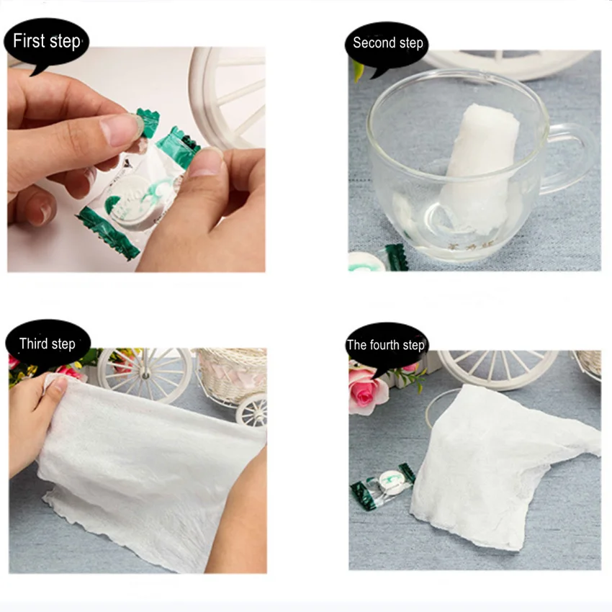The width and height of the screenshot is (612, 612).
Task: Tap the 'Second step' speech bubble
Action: (x=387, y=45)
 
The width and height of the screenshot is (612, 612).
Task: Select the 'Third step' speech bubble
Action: (x=48, y=344)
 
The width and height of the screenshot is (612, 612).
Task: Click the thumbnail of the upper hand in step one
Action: (x=118, y=130)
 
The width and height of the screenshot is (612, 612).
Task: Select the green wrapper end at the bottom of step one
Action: (x=109, y=233)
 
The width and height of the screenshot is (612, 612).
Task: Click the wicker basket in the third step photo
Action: (x=233, y=375)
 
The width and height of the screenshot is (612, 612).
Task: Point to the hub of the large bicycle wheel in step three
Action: (x=145, y=375)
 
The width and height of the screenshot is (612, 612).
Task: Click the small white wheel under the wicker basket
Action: (x=252, y=410)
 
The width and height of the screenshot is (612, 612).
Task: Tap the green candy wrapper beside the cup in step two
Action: (x=397, y=258)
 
